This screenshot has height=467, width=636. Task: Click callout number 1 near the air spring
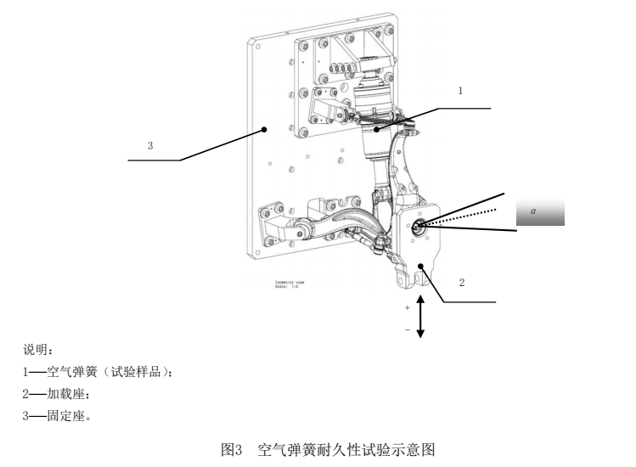coord(460,90)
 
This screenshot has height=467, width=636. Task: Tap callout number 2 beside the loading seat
coord(462,283)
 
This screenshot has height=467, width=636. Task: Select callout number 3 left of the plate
coord(150,145)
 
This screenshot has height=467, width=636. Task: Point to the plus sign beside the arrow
coord(408,307)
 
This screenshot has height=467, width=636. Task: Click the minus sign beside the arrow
coord(408,329)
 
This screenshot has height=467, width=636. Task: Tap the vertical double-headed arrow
coord(420,316)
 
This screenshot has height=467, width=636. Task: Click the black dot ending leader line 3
coord(265,130)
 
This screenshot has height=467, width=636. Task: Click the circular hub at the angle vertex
coord(418,227)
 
